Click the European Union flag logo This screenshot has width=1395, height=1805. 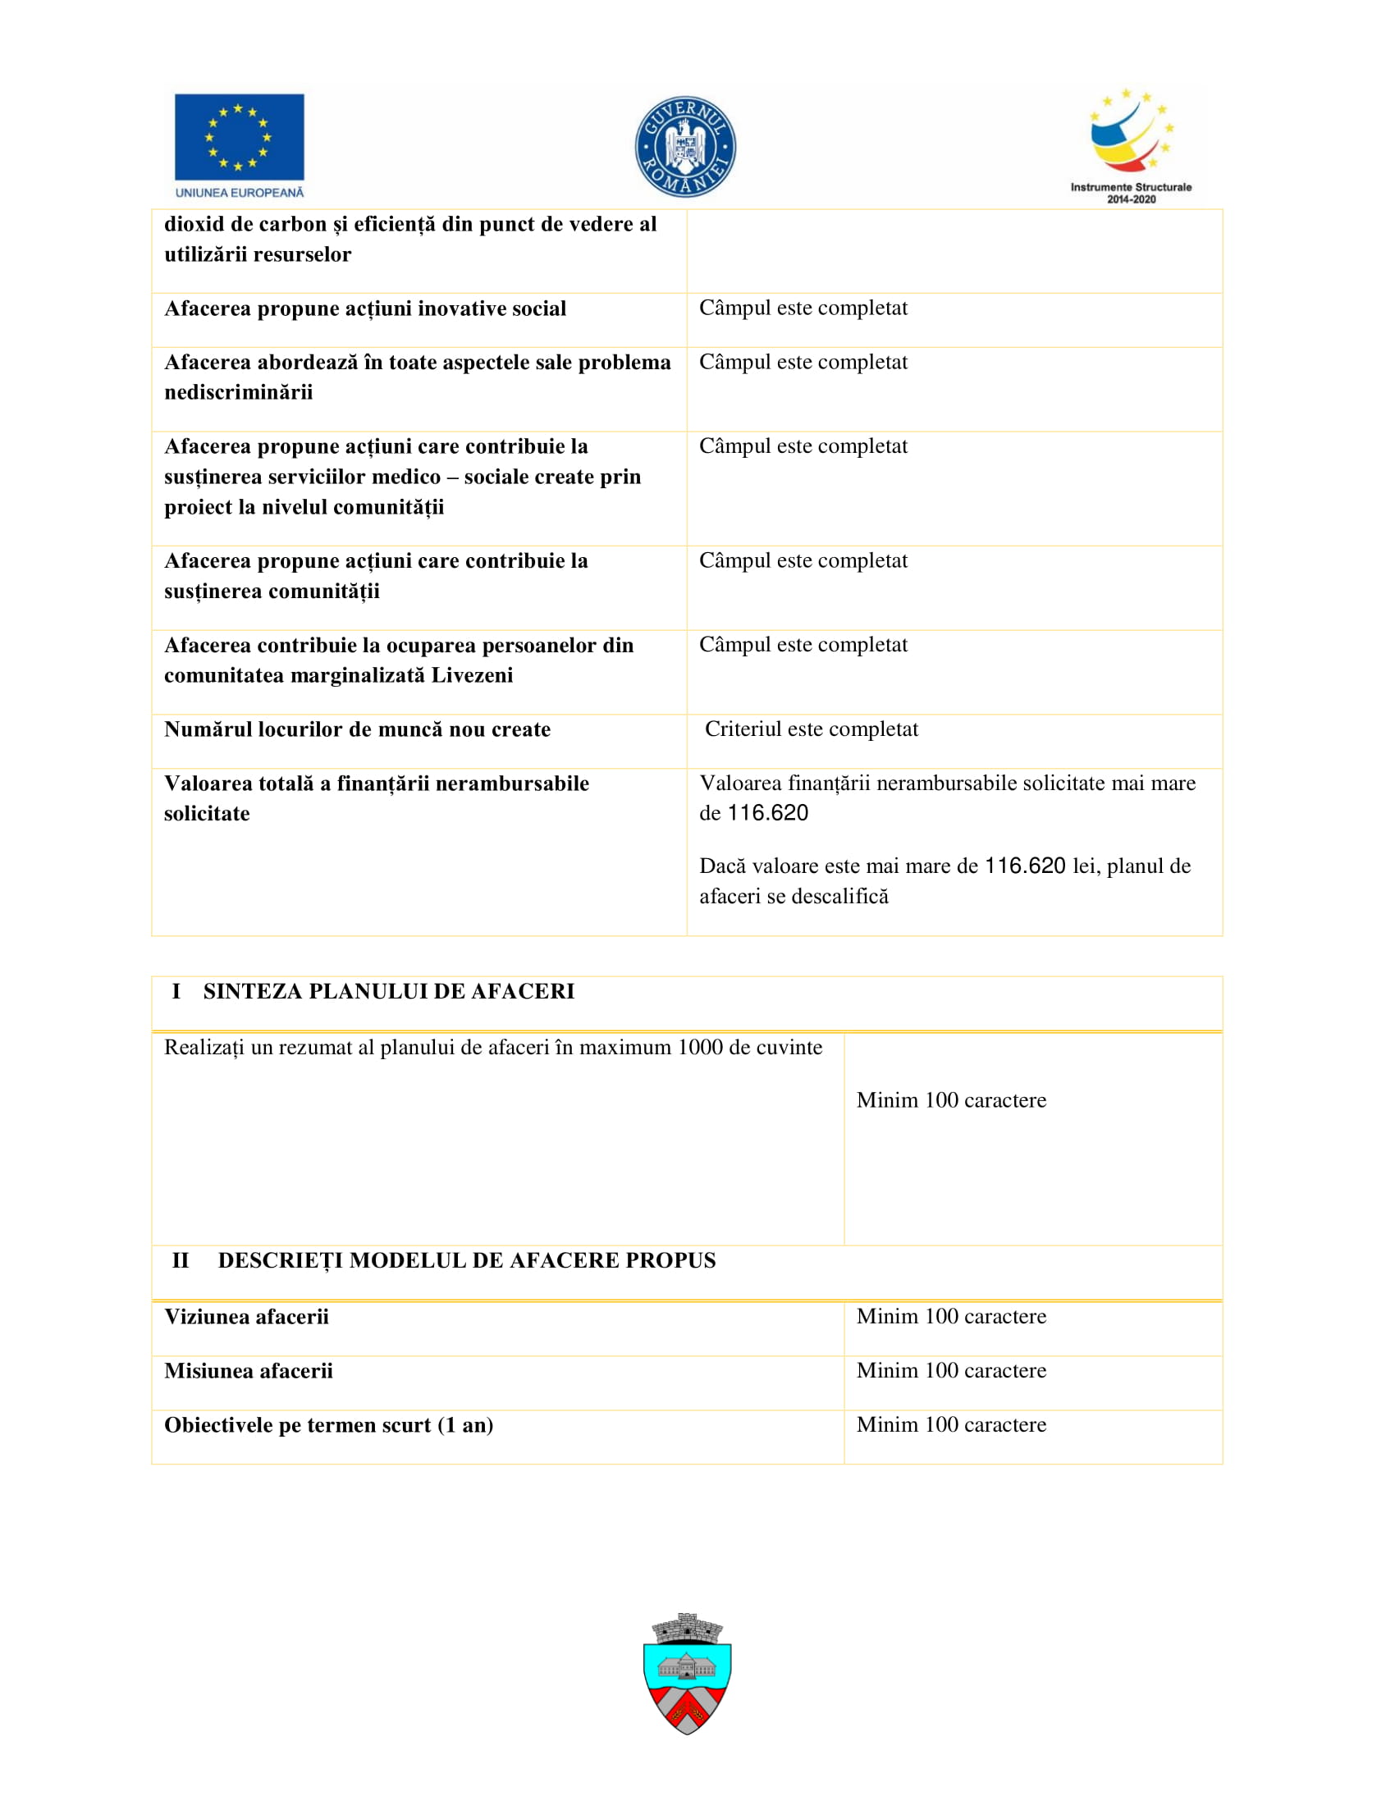239,136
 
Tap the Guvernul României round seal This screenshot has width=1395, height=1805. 685,147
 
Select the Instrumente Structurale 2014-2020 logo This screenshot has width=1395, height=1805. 1131,145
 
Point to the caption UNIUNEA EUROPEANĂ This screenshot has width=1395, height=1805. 240,193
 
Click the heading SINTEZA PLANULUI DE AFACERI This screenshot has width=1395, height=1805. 388,992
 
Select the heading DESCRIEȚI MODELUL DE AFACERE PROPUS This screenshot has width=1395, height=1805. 467,1260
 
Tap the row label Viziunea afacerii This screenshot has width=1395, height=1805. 246,1317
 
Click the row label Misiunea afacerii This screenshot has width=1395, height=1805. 249,1371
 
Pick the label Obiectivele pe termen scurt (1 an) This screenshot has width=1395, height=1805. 329,1426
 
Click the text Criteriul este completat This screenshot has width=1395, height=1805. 811,729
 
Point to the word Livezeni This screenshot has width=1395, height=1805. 472,675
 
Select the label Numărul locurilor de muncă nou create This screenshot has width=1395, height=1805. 357,729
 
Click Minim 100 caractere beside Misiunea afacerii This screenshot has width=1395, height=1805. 951,1370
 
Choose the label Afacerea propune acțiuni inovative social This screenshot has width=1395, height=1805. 365,308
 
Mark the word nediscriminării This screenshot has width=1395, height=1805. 239,391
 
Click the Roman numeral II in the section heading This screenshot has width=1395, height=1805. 181,1260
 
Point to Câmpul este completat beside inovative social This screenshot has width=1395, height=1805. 803,308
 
